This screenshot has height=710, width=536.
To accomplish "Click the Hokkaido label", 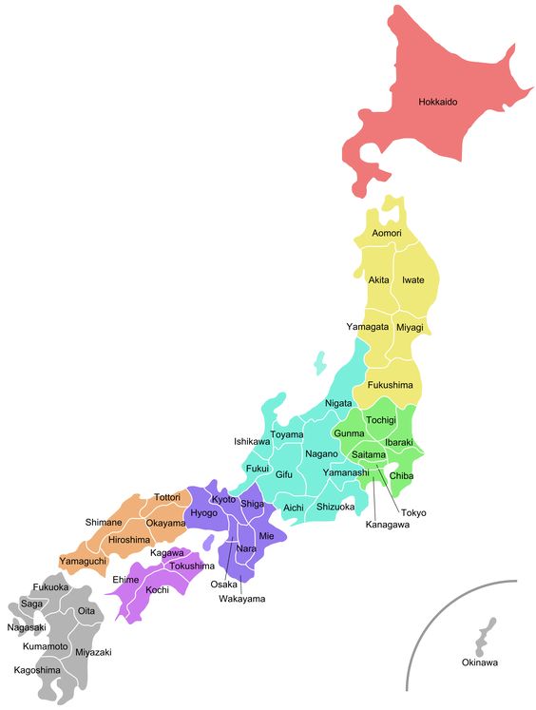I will click(x=439, y=101).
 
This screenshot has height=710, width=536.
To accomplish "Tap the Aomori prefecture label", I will click(x=387, y=233).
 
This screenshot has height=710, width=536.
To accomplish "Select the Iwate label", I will click(x=413, y=279).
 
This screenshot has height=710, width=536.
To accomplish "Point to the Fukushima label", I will click(x=390, y=385).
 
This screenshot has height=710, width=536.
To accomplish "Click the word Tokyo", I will click(x=413, y=512).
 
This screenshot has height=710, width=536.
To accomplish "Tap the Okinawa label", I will click(x=480, y=662).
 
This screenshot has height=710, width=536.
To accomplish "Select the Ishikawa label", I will click(x=252, y=441).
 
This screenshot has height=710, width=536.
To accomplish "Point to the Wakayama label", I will click(x=241, y=599).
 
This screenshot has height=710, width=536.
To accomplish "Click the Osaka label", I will click(x=223, y=584).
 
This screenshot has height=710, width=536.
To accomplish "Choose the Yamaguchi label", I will click(x=83, y=561).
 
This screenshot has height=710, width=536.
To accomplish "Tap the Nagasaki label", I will click(x=27, y=627).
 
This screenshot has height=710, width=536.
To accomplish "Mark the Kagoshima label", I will click(x=37, y=669).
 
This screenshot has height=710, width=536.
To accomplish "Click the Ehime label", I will click(x=125, y=579).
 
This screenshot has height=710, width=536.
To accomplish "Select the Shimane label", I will click(x=104, y=522).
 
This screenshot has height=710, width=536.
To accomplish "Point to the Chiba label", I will click(x=401, y=475).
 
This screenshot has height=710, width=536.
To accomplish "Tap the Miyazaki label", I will click(x=93, y=652).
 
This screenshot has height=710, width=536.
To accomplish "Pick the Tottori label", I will click(x=167, y=497).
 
